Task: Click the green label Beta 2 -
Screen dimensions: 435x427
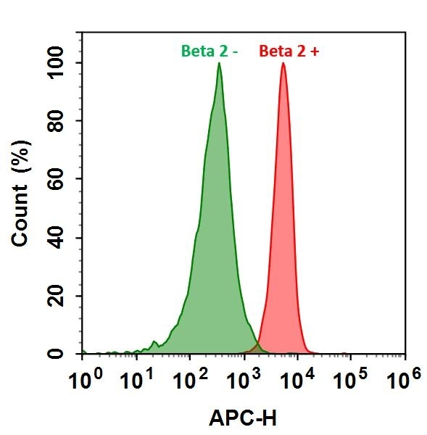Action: (210, 51)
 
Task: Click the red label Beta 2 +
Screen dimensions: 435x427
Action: (288, 51)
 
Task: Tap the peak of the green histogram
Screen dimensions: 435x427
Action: (219, 64)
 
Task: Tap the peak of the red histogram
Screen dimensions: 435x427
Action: (283, 64)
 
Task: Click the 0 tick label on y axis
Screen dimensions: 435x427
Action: (70, 354)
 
